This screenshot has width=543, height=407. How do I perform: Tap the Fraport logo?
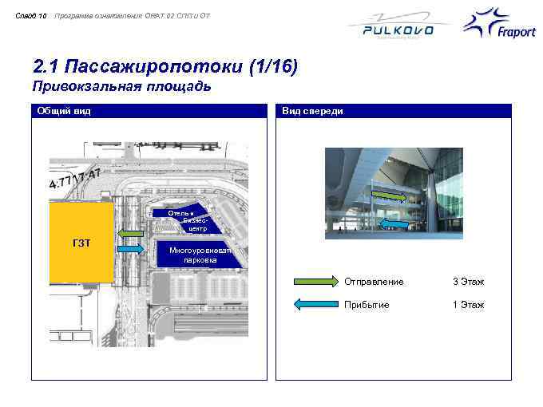(x=499, y=28)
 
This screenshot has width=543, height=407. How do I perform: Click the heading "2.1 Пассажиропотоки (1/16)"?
(x=164, y=66)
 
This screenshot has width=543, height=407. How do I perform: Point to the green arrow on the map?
(x=128, y=233)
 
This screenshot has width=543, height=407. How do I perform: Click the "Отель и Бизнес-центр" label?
(x=181, y=220)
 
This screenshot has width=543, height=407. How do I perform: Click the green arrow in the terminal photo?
(x=390, y=194)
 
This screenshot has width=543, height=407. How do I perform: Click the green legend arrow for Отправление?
(x=315, y=282)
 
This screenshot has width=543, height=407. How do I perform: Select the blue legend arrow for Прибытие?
(x=315, y=304)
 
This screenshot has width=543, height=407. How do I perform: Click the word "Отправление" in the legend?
(x=374, y=282)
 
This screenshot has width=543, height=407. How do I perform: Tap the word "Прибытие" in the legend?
(x=367, y=305)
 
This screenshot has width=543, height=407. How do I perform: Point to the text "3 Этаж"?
(x=468, y=282)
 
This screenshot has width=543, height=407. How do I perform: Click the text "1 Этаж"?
(x=468, y=305)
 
